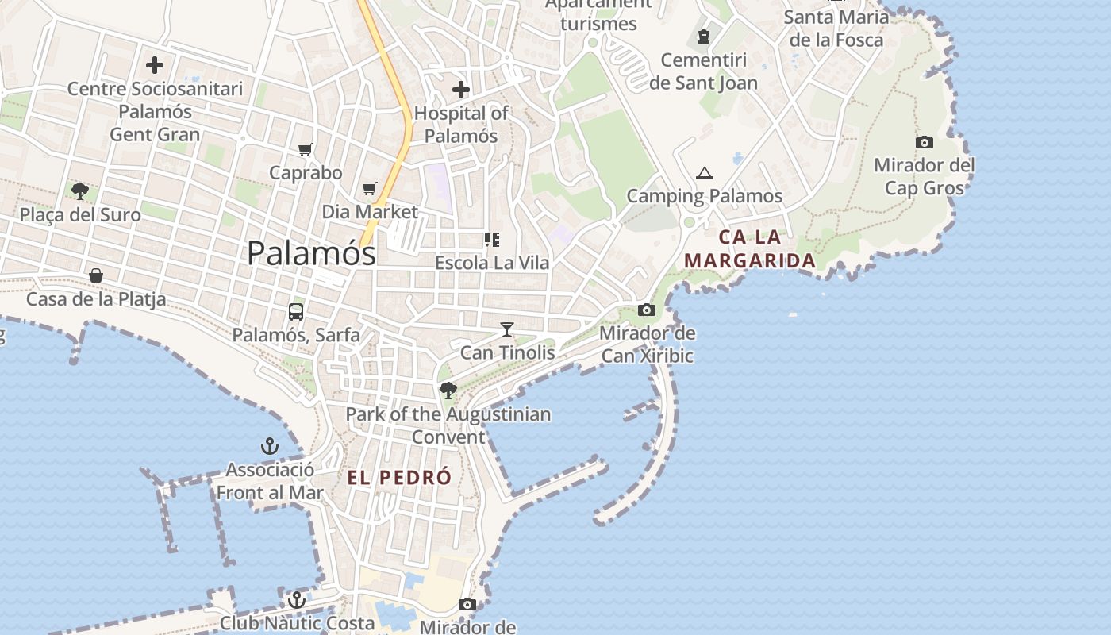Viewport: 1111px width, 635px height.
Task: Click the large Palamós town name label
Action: click(x=311, y=253)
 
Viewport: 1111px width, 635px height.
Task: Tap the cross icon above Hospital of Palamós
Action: click(x=460, y=90)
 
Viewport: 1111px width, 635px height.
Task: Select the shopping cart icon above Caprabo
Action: click(x=306, y=149)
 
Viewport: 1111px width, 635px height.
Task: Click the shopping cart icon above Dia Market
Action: click(x=369, y=188)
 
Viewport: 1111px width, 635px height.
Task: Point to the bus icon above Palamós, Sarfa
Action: click(x=296, y=312)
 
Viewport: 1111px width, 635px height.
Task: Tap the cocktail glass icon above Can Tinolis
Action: click(x=507, y=329)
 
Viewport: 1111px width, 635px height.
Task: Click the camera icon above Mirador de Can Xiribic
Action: click(x=647, y=310)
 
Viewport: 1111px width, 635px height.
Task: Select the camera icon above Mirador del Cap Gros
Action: click(x=925, y=143)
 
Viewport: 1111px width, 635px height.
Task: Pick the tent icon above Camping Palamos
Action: click(x=704, y=173)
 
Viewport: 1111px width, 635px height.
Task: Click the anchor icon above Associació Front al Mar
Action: click(x=270, y=446)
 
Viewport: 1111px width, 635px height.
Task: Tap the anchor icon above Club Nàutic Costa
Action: click(x=297, y=600)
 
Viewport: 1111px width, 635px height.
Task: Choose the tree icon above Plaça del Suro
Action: click(x=79, y=190)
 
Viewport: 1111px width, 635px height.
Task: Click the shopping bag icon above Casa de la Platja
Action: click(x=96, y=275)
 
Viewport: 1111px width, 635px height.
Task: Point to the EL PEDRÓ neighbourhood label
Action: click(x=399, y=478)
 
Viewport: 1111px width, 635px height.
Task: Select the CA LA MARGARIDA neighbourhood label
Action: click(x=750, y=248)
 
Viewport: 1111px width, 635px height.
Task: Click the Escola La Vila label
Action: click(x=492, y=262)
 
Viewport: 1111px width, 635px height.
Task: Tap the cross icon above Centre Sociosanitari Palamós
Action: click(x=155, y=65)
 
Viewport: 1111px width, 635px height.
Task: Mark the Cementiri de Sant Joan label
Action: click(x=703, y=71)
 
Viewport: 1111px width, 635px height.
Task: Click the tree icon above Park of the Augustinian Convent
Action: click(x=448, y=390)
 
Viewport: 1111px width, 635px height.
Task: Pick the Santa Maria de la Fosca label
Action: click(x=836, y=29)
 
